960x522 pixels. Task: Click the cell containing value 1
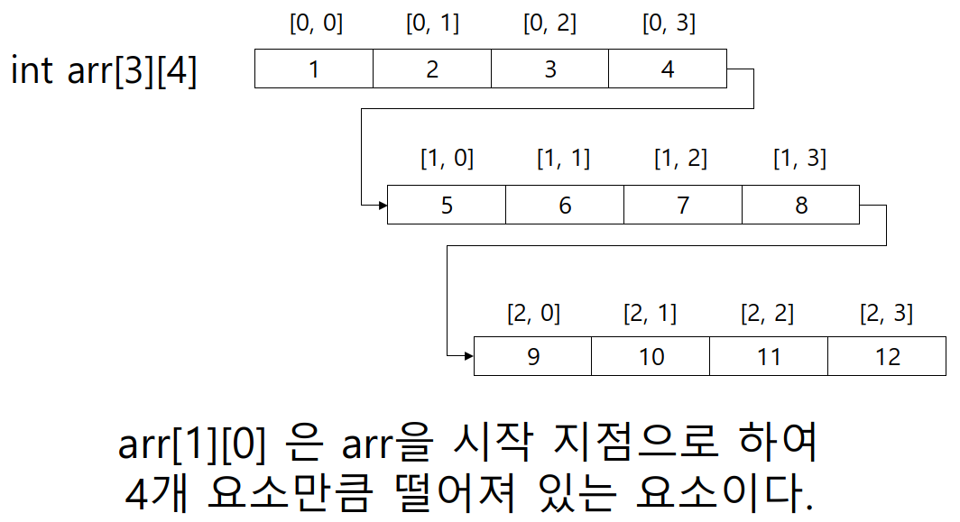click(x=313, y=69)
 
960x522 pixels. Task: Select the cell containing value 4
click(x=668, y=69)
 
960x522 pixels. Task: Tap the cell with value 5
click(x=447, y=205)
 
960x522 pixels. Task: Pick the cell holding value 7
click(x=683, y=205)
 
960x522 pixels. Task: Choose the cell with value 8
click(x=801, y=205)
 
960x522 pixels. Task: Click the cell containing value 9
click(x=532, y=356)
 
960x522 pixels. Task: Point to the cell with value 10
click(x=651, y=356)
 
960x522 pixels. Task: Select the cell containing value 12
click(x=887, y=356)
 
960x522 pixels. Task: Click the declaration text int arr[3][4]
click(x=104, y=70)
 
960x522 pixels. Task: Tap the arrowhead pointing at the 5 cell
click(x=382, y=206)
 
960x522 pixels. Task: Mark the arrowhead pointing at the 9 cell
click(x=468, y=356)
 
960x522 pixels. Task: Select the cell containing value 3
click(x=549, y=69)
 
